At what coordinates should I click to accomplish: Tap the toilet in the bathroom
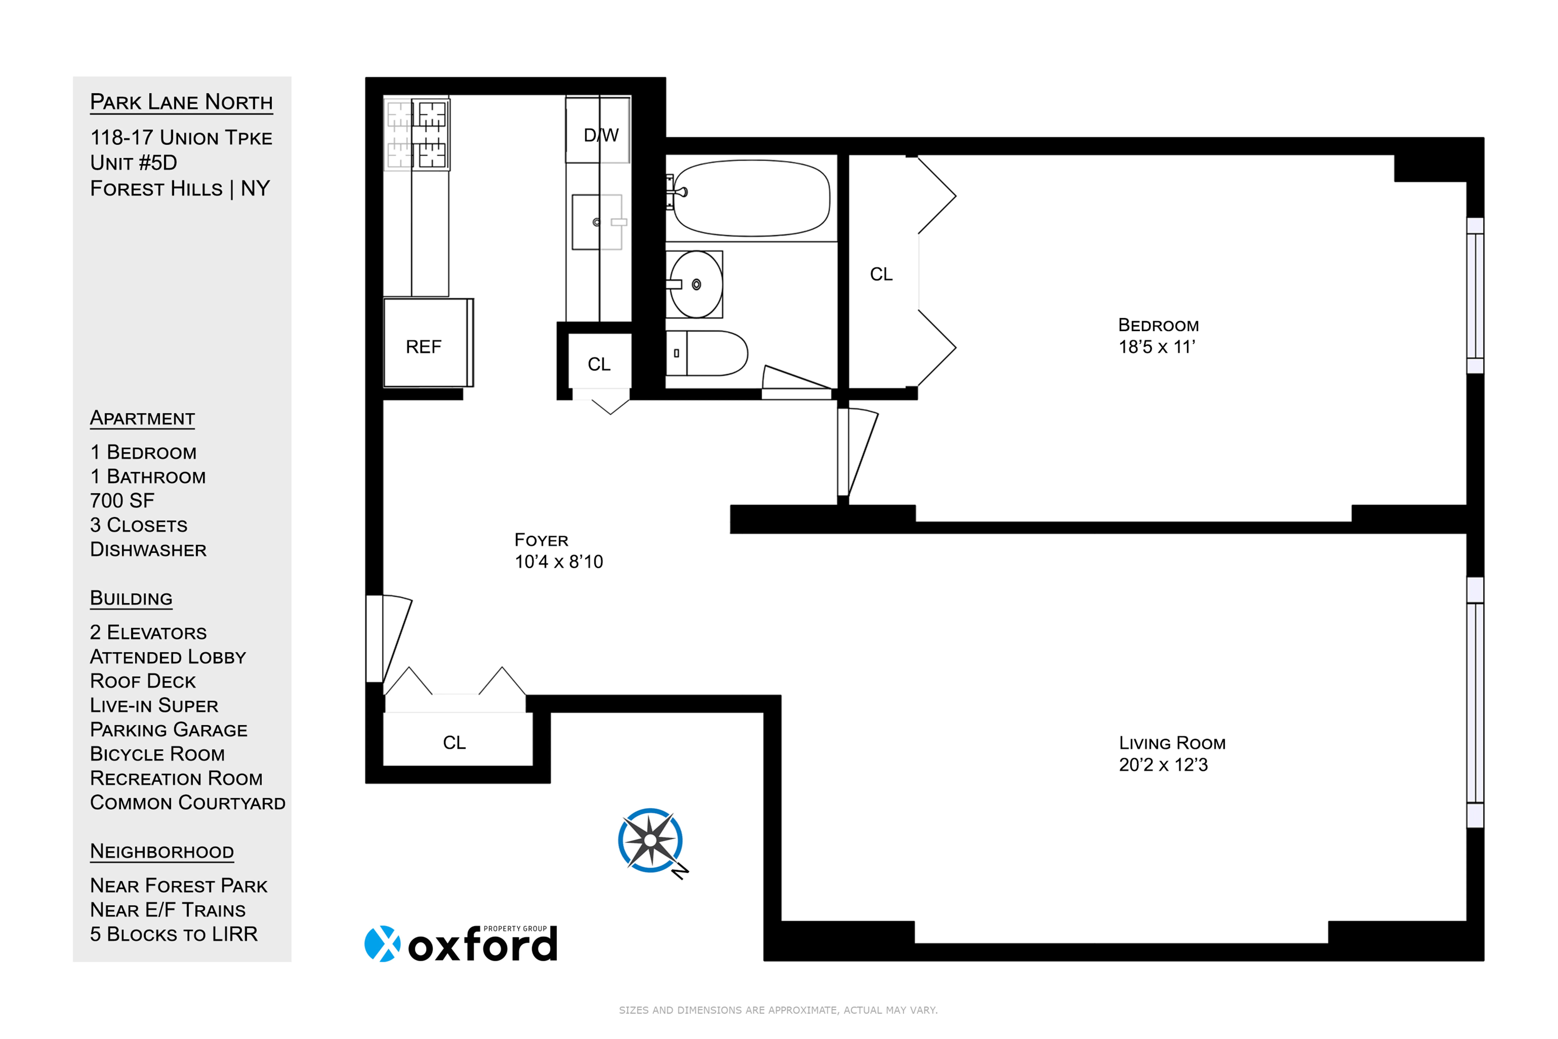pos(708,353)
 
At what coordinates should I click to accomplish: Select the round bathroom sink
pos(695,284)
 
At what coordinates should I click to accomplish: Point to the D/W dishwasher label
pos(601,135)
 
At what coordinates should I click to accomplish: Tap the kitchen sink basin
pos(596,222)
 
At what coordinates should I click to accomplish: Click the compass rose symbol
pos(650,840)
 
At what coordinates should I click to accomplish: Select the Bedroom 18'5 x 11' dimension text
pos(1157,347)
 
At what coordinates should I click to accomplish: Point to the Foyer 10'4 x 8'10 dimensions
pos(558,562)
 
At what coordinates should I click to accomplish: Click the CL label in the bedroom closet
pos(881,274)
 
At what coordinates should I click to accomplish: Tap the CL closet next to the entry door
pos(455,742)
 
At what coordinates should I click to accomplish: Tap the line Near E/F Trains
pos(168,910)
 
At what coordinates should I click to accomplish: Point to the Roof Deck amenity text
pos(143,681)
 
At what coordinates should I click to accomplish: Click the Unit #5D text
pos(134,163)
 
